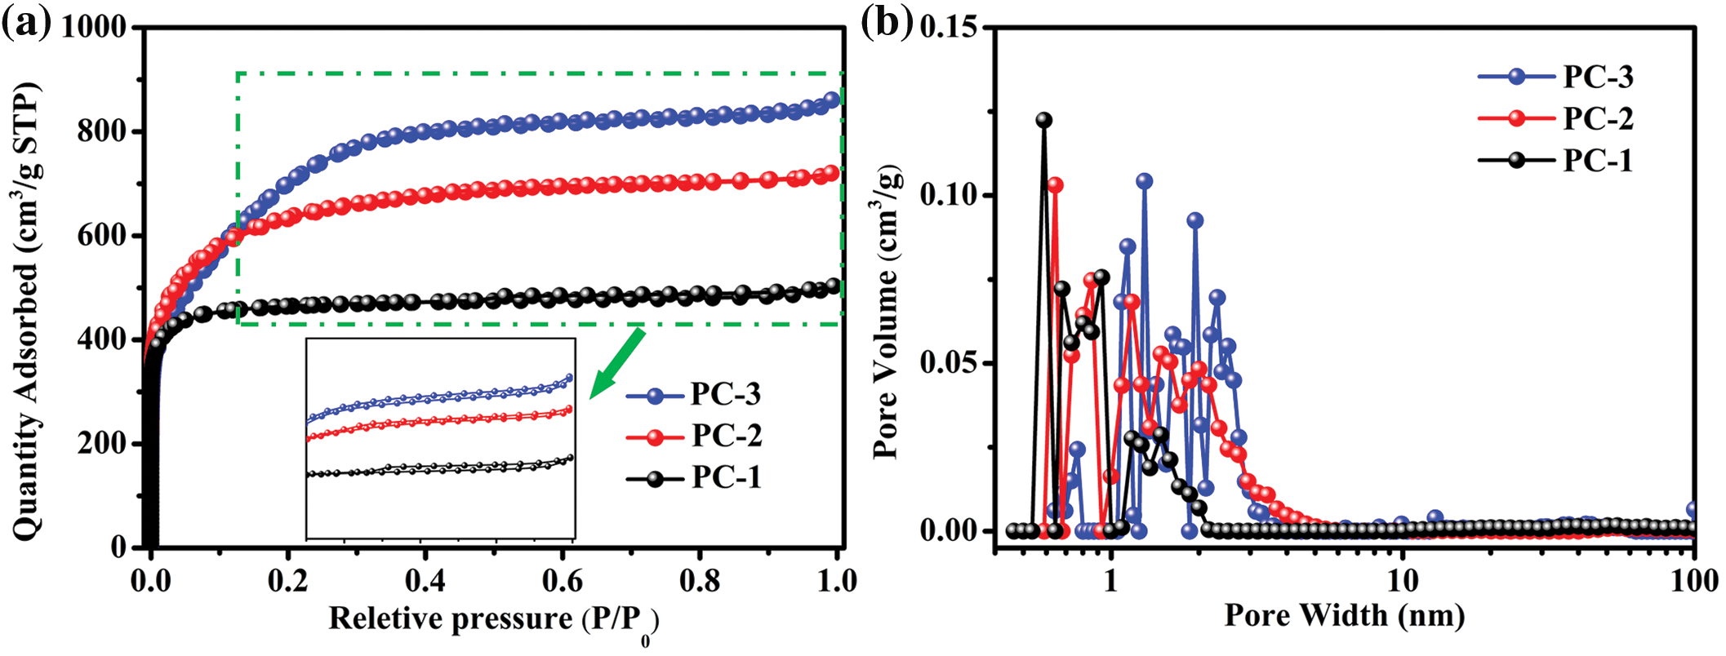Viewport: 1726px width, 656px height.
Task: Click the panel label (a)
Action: [x=26, y=24]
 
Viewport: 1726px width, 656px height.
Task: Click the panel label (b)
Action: [x=887, y=24]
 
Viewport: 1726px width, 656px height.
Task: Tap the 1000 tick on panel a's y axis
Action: [x=95, y=28]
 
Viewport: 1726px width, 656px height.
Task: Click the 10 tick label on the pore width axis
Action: [x=1402, y=580]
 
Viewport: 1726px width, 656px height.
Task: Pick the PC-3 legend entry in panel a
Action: [x=694, y=395]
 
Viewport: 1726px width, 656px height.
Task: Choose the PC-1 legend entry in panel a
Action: [x=694, y=478]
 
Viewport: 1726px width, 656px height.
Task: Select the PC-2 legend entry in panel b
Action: [x=1555, y=119]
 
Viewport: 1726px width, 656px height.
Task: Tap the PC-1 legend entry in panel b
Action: [x=1555, y=161]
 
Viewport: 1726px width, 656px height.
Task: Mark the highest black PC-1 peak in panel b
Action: [x=1043, y=121]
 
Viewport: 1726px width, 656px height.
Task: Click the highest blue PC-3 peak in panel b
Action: [x=1145, y=181]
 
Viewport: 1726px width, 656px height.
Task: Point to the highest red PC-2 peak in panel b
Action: [x=1055, y=185]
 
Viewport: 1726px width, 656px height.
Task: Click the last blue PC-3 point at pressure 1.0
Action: [x=833, y=100]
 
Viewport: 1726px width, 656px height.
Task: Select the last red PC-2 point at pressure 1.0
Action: [x=832, y=173]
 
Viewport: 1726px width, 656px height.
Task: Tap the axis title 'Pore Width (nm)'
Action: [x=1344, y=615]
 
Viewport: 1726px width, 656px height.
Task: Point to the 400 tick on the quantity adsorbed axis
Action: [x=103, y=339]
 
